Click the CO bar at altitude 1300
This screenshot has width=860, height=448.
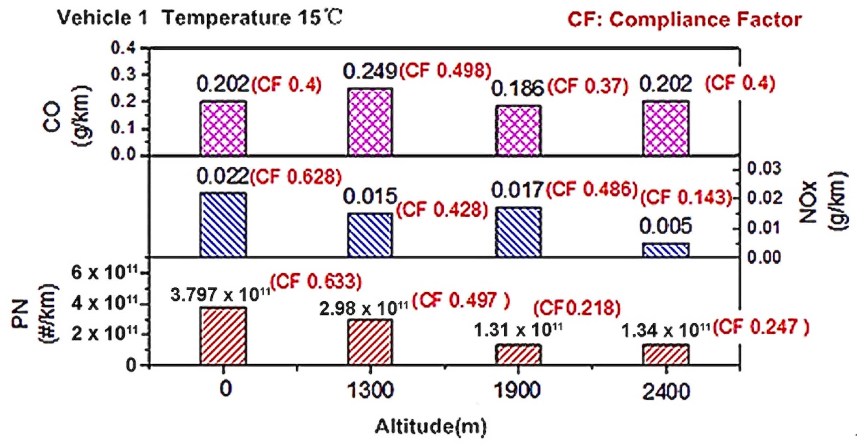coord(370,122)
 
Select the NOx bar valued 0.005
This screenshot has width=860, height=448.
coord(666,250)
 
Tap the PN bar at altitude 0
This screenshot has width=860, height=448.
coord(223,336)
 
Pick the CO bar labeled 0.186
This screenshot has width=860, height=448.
coord(518,131)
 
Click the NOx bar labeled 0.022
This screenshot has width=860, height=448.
coord(223,225)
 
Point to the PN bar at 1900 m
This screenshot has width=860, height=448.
coord(518,354)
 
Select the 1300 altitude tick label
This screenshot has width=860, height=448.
coord(370,391)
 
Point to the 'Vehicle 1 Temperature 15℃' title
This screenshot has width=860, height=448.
coord(199,18)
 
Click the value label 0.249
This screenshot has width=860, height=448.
coord(370,71)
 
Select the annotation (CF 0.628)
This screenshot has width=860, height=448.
coord(296,177)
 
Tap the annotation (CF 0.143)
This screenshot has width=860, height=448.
coord(686,198)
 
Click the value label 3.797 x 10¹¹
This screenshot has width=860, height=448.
coord(220,295)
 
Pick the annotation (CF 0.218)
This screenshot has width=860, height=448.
coord(577,308)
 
